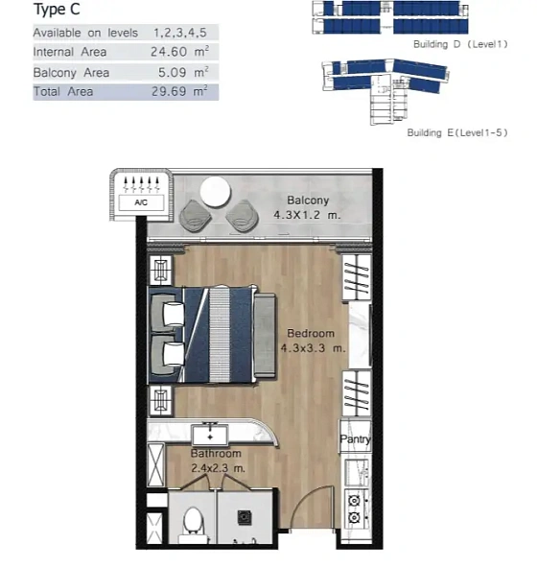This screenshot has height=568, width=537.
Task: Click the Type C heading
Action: [x=57, y=12]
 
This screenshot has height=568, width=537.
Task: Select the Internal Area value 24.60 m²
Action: [x=179, y=52]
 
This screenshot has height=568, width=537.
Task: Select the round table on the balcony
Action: [x=216, y=191]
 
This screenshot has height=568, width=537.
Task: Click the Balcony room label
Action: [x=308, y=201]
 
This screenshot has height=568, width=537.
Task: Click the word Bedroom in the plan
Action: [x=311, y=334]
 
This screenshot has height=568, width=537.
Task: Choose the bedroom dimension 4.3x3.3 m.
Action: [x=313, y=348]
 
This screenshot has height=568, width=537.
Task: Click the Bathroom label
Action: [x=216, y=453]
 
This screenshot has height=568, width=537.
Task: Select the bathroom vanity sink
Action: [x=206, y=432]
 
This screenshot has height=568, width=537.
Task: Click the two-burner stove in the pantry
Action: [x=355, y=509]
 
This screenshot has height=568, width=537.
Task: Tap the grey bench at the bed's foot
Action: [x=264, y=334]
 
